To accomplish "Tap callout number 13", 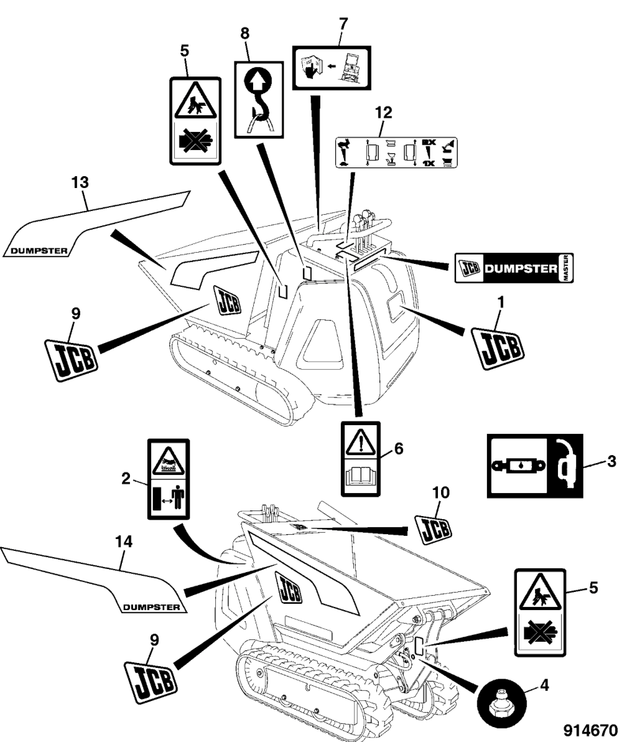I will coord(80,183).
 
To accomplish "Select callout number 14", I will coord(125,543).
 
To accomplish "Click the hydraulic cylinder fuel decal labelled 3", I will coord(534,465).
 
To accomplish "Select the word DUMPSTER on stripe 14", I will coord(151,607).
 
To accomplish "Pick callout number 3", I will coord(611,461).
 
